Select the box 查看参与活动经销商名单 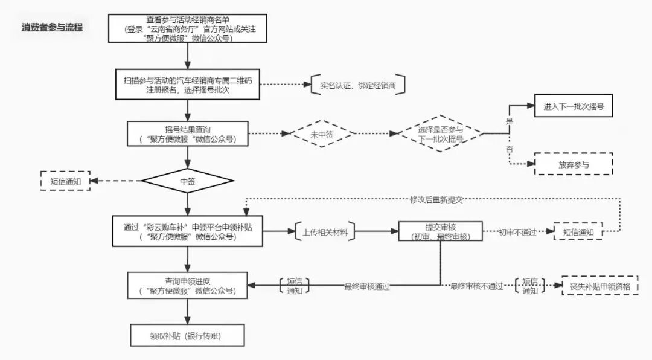pos(188,28)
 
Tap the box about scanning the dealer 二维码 pos(188,83)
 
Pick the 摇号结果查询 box pos(188,133)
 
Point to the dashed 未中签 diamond pos(322,134)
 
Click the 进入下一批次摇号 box pos(574,106)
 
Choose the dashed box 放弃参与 pos(574,164)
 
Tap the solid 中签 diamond pos(188,181)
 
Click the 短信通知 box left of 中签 pos(65,181)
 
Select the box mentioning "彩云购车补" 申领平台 pos(188,231)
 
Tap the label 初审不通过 pos(517,232)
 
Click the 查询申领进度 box pos(188,286)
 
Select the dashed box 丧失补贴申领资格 pos(599,286)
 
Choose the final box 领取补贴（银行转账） pos(188,335)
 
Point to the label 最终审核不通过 pos(476,286)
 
